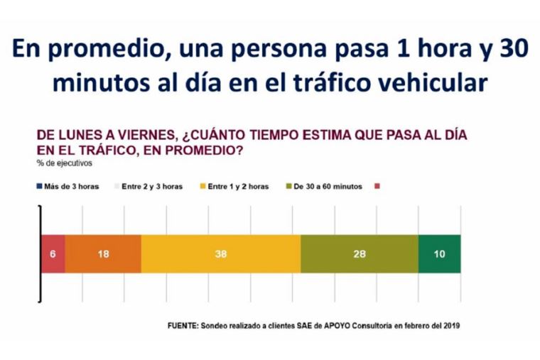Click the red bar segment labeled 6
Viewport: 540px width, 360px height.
coord(53,253)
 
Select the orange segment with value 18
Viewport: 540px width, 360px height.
coord(103,253)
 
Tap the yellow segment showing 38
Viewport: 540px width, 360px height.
coord(221,253)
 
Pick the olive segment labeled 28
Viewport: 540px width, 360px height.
coord(360,253)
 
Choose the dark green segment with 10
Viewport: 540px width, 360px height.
coord(439,253)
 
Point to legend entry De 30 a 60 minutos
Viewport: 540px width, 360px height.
coord(328,187)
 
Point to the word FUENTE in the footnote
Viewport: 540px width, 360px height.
coord(183,326)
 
